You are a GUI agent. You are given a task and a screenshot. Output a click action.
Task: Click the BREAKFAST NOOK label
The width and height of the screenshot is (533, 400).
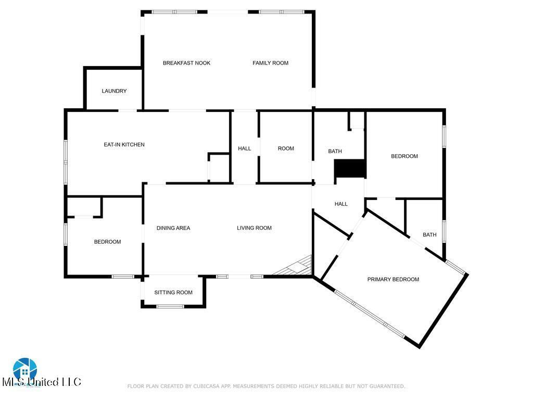click(x=186, y=63)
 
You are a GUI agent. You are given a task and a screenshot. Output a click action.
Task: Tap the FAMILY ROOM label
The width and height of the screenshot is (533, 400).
click(x=270, y=63)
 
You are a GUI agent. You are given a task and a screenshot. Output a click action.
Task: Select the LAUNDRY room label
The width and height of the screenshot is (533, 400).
click(x=114, y=91)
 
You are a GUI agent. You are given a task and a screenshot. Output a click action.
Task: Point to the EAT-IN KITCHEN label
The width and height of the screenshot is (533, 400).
click(x=124, y=145)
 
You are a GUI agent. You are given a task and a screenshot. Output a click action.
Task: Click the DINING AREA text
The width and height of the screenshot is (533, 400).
click(x=173, y=228)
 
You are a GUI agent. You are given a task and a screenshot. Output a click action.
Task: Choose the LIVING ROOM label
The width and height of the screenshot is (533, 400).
click(x=254, y=228)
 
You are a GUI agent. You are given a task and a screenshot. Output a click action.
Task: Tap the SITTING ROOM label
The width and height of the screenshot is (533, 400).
click(x=173, y=292)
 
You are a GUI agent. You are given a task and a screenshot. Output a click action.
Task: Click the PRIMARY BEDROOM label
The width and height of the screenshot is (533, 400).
click(x=394, y=279)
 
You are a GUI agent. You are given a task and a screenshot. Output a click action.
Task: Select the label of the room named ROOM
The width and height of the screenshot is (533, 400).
click(x=286, y=148)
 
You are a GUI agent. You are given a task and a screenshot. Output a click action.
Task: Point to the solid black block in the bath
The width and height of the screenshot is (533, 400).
click(x=350, y=168)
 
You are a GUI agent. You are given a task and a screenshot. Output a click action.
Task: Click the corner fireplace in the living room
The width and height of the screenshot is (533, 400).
click(x=296, y=266)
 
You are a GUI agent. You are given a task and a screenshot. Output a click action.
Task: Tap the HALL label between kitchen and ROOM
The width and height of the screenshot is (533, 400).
click(x=245, y=148)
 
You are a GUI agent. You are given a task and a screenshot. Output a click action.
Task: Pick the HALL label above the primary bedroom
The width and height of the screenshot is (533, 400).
click(x=341, y=204)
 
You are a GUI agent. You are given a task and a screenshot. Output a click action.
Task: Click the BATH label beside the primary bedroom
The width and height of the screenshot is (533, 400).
click(x=429, y=235)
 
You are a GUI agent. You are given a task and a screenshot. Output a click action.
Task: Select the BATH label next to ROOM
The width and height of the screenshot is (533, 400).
click(x=335, y=151)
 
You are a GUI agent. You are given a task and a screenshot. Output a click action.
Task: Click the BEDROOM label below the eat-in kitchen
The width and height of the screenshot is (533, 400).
click(x=107, y=242)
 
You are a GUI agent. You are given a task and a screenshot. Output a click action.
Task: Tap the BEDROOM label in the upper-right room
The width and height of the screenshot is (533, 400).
click(x=404, y=156)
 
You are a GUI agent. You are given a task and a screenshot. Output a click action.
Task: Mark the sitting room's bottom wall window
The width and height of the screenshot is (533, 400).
click(x=170, y=306)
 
